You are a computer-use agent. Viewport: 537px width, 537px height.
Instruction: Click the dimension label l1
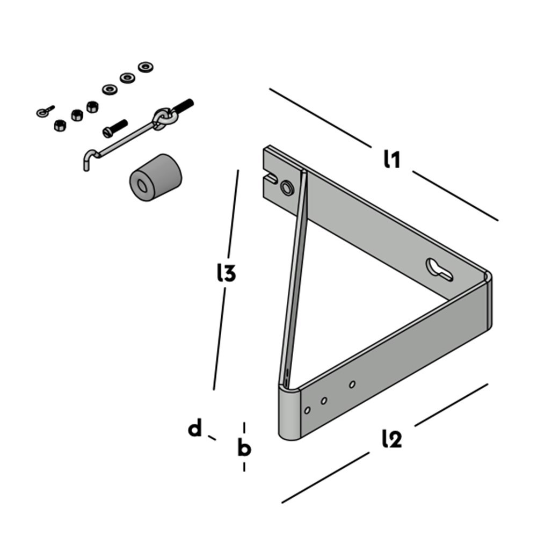[392, 159]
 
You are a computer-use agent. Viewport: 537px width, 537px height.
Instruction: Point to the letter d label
[195, 429]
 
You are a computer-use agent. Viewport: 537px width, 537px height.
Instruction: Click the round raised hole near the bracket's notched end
[287, 187]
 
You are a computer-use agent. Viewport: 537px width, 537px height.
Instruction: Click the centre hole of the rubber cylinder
[142, 186]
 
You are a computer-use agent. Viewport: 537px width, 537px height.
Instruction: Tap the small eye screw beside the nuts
[45, 111]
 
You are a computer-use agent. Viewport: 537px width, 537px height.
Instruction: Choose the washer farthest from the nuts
[146, 67]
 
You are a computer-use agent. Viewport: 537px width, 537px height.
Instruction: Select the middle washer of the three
[128, 78]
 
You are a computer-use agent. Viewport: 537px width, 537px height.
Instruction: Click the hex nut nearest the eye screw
[59, 126]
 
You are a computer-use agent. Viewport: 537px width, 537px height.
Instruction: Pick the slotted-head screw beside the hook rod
[114, 128]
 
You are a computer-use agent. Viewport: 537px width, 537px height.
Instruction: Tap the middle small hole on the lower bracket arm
[324, 401]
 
